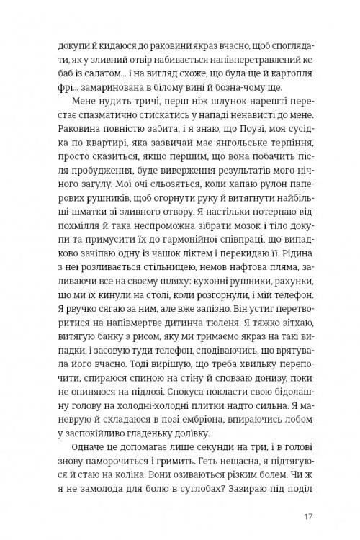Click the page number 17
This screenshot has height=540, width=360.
308,516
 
